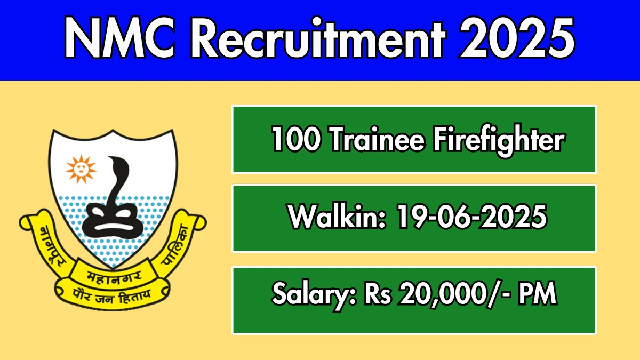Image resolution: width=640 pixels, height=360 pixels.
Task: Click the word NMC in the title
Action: tap(119, 38)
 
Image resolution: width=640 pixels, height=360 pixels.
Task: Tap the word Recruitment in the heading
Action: tap(318, 38)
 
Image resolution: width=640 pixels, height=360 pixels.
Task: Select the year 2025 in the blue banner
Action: tap(517, 38)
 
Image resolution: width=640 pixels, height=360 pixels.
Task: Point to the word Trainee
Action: tap(378, 139)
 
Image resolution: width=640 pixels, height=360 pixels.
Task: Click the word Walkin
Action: tap(337, 217)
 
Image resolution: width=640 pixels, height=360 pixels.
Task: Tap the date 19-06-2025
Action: tap(471, 217)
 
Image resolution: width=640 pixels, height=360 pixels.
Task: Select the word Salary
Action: tap(314, 295)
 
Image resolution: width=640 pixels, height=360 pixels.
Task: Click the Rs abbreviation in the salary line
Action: tap(378, 293)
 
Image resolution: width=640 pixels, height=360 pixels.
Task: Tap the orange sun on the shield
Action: tap(81, 169)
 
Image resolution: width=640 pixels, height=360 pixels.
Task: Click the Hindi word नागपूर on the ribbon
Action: tap(51, 247)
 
